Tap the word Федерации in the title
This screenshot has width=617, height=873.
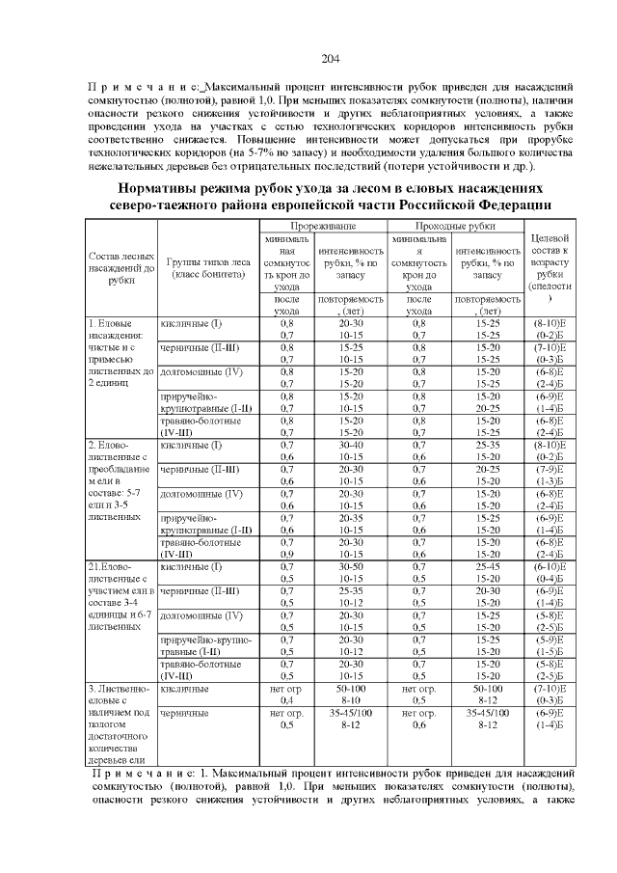505,205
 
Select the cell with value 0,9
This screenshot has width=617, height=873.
286,554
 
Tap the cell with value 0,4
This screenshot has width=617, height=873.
286,700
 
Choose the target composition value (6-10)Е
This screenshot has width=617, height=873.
549,566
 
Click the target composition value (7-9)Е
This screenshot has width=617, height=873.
549,469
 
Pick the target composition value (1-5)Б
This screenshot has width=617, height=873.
549,651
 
